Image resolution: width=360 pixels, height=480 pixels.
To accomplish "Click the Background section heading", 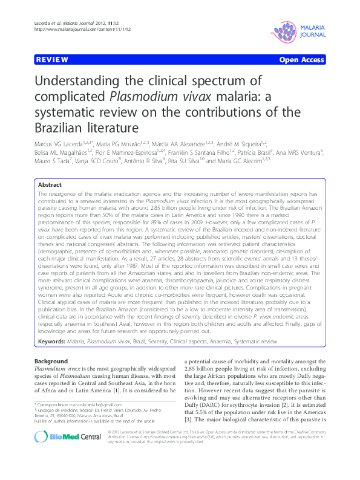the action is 51,361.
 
